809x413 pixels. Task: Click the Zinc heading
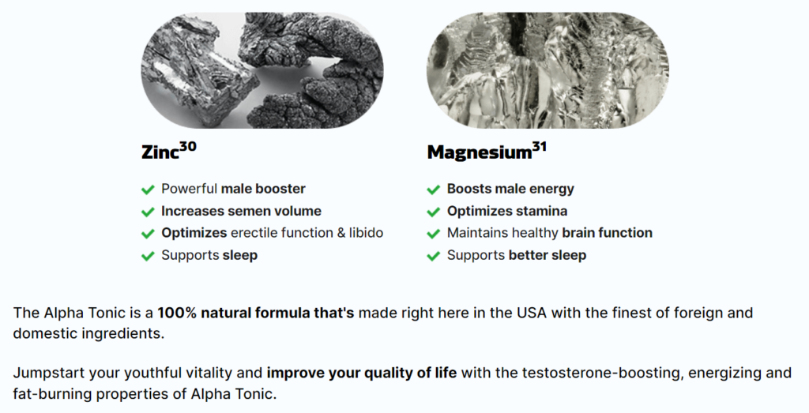[160, 152]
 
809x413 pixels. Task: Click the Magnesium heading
[480, 152]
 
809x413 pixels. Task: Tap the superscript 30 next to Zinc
[188, 147]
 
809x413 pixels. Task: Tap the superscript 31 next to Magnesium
[539, 148]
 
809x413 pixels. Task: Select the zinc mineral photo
[262, 70]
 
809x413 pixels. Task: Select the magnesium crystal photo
[548, 70]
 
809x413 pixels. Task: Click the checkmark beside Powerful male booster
[148, 190]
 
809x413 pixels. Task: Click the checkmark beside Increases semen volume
[148, 212]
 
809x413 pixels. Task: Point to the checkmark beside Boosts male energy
[434, 190]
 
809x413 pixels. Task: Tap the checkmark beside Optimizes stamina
[434, 212]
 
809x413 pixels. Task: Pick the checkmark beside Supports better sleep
[434, 257]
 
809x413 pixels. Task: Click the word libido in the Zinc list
[367, 233]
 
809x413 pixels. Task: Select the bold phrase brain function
[608, 233]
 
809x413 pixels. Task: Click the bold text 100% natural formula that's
[256, 313]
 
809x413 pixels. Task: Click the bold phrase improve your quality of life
[362, 373]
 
